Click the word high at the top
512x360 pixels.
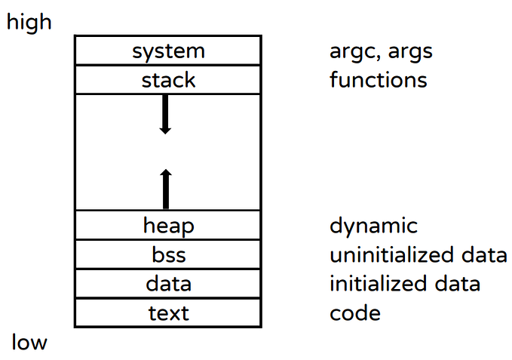[x=29, y=22]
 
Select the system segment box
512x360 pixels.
[x=168, y=51]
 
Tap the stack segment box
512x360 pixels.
[x=168, y=79]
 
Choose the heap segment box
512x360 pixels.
[x=168, y=225]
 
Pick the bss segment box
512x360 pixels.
[x=168, y=254]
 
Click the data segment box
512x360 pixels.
[x=168, y=284]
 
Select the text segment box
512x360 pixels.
[x=168, y=312]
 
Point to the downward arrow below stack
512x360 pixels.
[x=166, y=115]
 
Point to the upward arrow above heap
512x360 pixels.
[x=166, y=189]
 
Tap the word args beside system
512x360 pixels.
[x=411, y=52]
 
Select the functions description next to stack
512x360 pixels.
[x=378, y=79]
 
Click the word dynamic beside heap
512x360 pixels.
[x=373, y=226]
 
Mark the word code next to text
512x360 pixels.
[x=354, y=312]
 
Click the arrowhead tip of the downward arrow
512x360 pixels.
[x=166, y=133]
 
